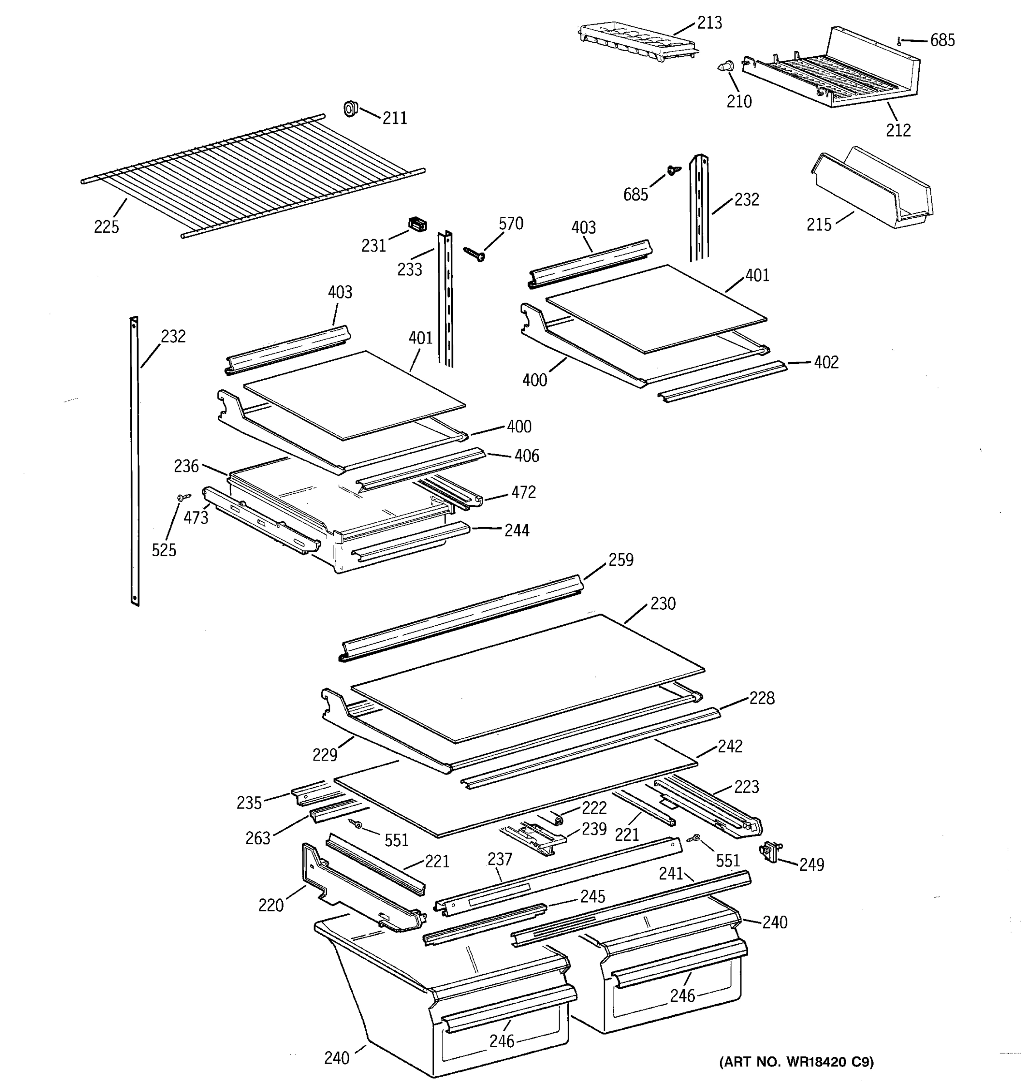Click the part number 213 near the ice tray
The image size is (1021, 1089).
coord(709,23)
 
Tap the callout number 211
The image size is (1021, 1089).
coord(394,118)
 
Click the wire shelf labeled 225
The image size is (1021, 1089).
coord(252,175)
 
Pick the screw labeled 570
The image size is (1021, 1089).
coord(474,254)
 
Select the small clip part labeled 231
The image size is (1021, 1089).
coord(417,224)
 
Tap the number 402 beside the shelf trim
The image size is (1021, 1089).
coord(826,362)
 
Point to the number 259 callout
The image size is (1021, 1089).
coord(621,559)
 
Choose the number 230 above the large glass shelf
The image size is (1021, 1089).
coord(663,603)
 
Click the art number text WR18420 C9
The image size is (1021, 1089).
coord(796,1062)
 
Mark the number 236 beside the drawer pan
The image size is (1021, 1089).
coord(186,466)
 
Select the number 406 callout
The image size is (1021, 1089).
coord(526,455)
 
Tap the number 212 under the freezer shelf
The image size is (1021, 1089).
coord(898,130)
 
